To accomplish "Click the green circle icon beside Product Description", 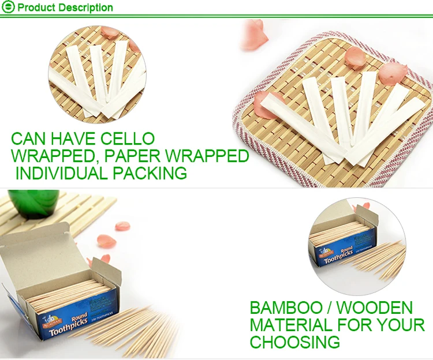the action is [x=8, y=7].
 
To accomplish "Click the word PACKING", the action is [x=150, y=173].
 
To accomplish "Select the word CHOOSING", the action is [x=295, y=342].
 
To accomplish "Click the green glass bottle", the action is [x=34, y=202].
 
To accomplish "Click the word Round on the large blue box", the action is [x=80, y=316].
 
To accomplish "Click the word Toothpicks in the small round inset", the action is [x=339, y=256].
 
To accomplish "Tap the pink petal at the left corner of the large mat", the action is [x=264, y=105].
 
